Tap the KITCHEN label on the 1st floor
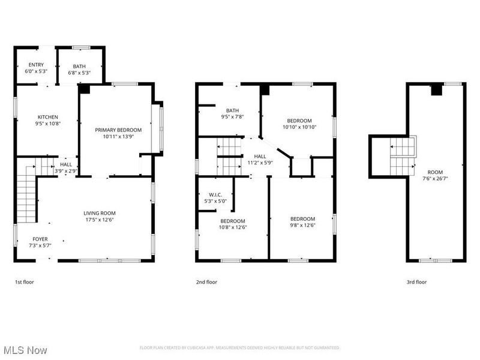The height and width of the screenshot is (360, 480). pyautogui.click(x=47, y=117)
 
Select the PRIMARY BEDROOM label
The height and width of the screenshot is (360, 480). pyautogui.click(x=118, y=130)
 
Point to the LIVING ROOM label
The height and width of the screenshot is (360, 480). pyautogui.click(x=99, y=213)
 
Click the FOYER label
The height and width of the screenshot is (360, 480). pyautogui.click(x=40, y=239)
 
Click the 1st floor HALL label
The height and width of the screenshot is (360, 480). pyautogui.click(x=66, y=164)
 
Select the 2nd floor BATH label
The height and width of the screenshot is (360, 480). pyautogui.click(x=232, y=110)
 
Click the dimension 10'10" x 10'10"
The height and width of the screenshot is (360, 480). pyautogui.click(x=299, y=127)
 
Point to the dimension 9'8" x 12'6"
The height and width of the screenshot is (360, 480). pyautogui.click(x=303, y=226)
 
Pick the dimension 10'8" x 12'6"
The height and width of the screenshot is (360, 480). pyautogui.click(x=232, y=227)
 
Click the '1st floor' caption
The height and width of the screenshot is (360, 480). pyautogui.click(x=25, y=282)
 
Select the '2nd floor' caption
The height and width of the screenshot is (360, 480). pyautogui.click(x=206, y=282)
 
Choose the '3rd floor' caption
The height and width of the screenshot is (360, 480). pyautogui.click(x=416, y=282)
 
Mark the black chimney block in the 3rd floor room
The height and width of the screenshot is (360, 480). pyautogui.click(x=437, y=90)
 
